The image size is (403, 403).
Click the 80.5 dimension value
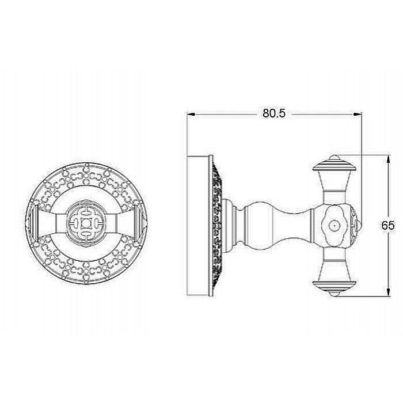tap(274, 113)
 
